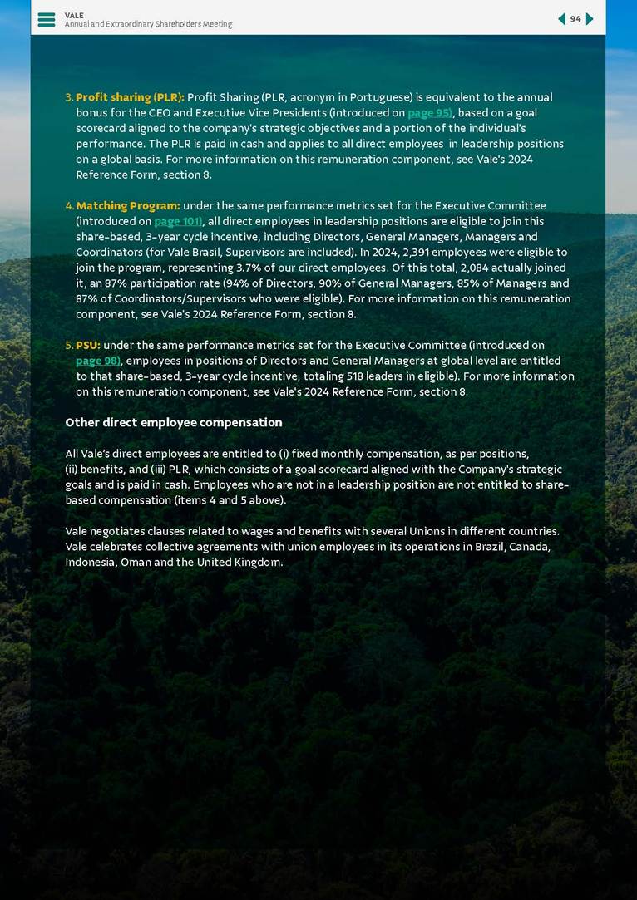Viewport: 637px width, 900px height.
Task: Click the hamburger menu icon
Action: click(x=47, y=19)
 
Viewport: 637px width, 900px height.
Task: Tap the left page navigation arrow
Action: click(x=561, y=19)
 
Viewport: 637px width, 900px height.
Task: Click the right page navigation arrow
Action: click(x=590, y=19)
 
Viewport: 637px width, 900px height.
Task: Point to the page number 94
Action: click(x=575, y=19)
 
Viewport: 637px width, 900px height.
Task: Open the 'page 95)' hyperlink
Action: click(x=430, y=113)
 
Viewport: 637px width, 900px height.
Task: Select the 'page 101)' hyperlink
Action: click(x=178, y=221)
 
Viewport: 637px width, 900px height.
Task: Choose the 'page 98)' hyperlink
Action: click(x=98, y=361)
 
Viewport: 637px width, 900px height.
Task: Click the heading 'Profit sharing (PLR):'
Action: click(x=130, y=97)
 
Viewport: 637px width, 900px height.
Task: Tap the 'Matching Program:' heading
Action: click(x=128, y=205)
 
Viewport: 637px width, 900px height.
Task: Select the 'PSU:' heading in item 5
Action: click(x=88, y=345)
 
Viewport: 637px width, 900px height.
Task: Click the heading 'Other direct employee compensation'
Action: click(x=174, y=422)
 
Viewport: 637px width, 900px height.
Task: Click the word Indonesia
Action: click(x=91, y=562)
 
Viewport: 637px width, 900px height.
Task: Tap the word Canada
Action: click(x=528, y=547)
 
